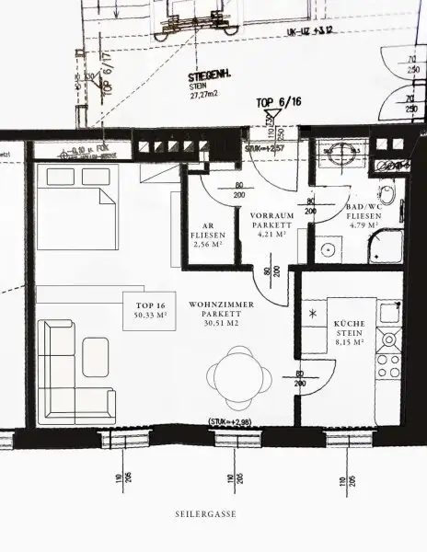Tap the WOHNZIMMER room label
coord(218,303)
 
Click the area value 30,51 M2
coord(218,325)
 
